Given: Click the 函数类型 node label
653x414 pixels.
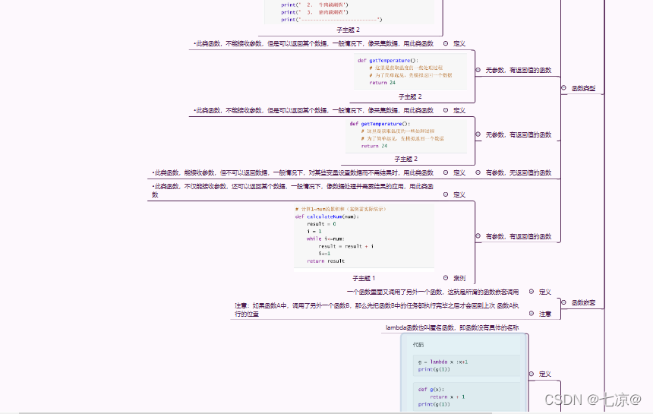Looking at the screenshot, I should [x=583, y=88].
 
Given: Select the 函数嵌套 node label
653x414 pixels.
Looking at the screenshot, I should [x=583, y=302].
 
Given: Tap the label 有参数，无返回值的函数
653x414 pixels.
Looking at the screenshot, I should [x=519, y=172].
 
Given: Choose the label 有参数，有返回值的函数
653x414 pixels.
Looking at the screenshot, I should [x=519, y=236].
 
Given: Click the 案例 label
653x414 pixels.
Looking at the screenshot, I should [x=459, y=278].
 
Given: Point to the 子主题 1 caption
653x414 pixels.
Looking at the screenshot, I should [x=364, y=278].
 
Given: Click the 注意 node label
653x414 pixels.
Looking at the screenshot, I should [x=545, y=314].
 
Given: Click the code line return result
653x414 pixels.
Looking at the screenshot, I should [x=326, y=261].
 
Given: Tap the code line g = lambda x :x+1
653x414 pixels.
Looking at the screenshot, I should [x=443, y=362].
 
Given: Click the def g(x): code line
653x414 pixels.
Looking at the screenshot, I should [x=430, y=390].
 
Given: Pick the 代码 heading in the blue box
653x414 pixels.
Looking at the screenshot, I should [x=419, y=345].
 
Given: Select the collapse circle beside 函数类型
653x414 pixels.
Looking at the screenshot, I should [x=563, y=88].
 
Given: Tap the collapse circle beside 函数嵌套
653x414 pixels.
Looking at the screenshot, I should [x=563, y=302].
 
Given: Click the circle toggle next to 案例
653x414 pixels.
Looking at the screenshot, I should [x=445, y=278].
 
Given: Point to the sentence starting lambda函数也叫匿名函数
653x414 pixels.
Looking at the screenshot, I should [x=452, y=327].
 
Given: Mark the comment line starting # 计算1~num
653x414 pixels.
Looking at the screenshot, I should [x=340, y=209].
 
